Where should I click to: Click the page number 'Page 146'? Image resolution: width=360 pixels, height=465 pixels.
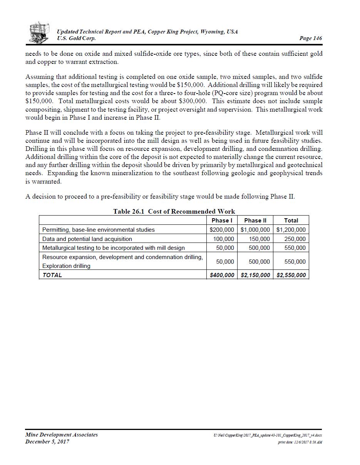(310, 38)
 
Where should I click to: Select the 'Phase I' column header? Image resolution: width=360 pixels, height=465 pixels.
(221, 221)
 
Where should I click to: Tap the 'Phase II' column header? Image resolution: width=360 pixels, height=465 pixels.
(255, 221)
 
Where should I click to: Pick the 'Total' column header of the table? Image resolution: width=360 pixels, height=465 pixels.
(291, 221)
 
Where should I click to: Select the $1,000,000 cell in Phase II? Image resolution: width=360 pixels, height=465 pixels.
(255, 230)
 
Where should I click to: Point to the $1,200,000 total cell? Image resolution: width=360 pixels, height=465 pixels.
(291, 230)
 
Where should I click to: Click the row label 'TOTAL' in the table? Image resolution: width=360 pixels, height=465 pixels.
(52, 275)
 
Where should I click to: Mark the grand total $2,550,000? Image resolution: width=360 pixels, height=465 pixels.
(291, 275)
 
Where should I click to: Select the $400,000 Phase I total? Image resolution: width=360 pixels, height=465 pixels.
(221, 275)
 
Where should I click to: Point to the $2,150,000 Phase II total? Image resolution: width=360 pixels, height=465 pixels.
(255, 275)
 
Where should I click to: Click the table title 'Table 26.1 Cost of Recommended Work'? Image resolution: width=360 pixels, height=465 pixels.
(174, 211)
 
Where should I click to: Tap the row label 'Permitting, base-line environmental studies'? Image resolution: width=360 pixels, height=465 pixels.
(98, 230)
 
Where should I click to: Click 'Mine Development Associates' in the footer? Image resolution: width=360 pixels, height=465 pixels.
(62, 435)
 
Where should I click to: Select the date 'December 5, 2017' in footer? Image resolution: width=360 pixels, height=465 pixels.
(47, 442)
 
